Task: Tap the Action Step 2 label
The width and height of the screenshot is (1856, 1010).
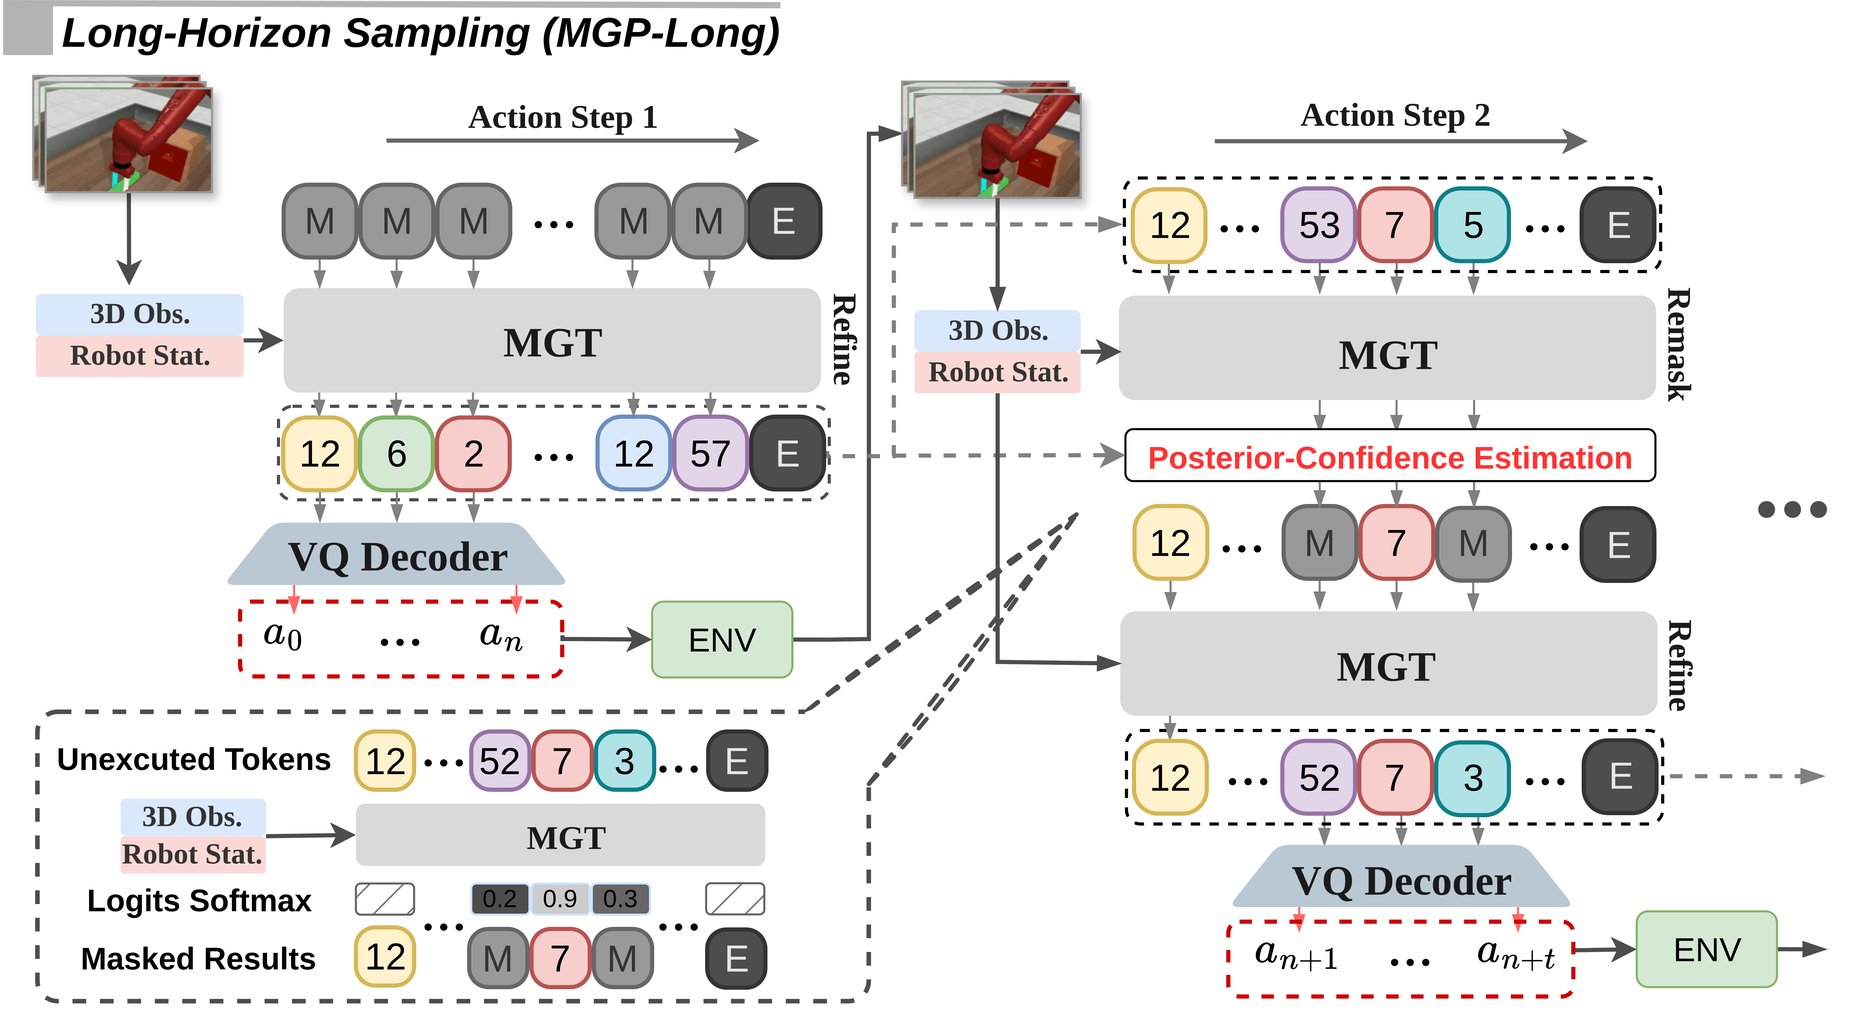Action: tap(1395, 115)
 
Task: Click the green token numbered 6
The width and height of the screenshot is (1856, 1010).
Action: tap(396, 454)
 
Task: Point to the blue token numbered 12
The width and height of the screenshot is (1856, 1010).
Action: tap(633, 454)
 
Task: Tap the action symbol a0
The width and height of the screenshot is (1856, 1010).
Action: tap(282, 635)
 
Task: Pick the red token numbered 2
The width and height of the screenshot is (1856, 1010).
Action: tap(473, 454)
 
